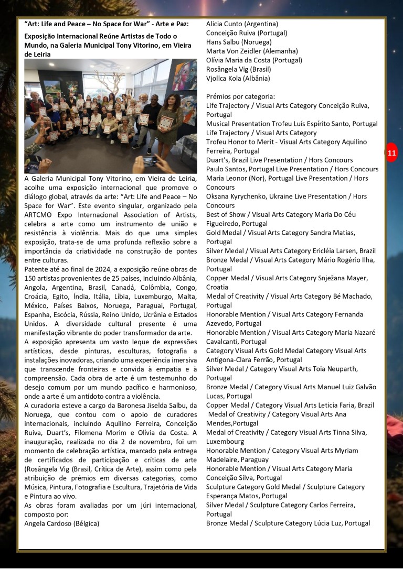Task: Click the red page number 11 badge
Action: (391, 153)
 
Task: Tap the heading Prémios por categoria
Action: (240, 96)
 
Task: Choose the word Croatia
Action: (217, 287)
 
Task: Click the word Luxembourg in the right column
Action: (226, 442)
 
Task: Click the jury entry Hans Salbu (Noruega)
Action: (239, 42)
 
